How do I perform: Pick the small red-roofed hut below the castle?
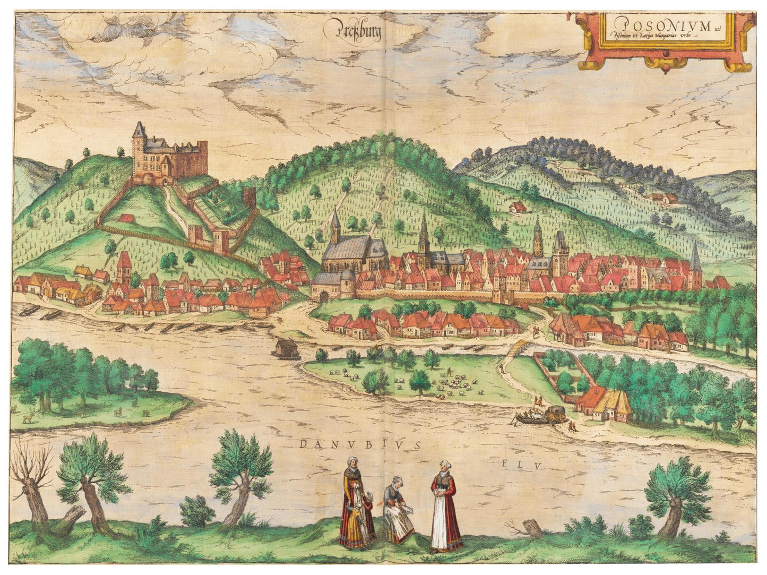click(125, 217)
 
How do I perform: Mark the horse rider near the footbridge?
click(538, 332)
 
